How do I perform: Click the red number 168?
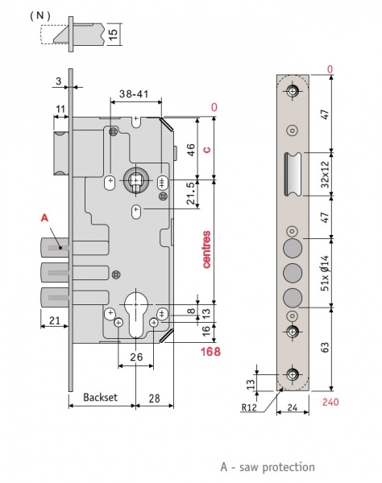pyautogui.click(x=210, y=352)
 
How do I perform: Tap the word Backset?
pyautogui.click(x=101, y=397)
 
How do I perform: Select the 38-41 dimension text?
pyautogui.click(x=134, y=93)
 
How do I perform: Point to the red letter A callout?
pyautogui.click(x=44, y=218)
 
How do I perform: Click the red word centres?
pyautogui.click(x=206, y=250)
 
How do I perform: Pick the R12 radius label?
pyautogui.click(x=248, y=407)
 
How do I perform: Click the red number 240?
pyautogui.click(x=330, y=402)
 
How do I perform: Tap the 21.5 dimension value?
pyautogui.click(x=191, y=193)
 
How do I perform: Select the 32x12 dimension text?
pyautogui.click(x=325, y=175)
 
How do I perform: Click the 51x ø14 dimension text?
pyautogui.click(x=325, y=273)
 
